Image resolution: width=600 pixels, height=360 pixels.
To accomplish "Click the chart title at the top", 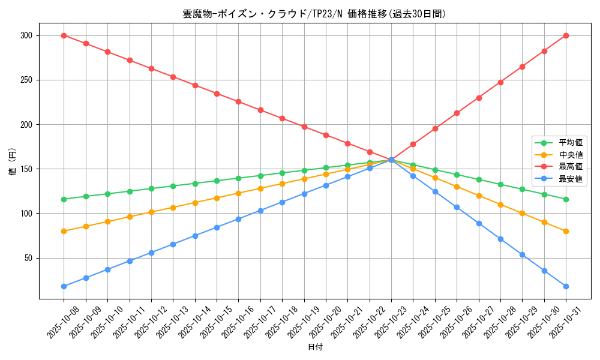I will pyautogui.click(x=315, y=14).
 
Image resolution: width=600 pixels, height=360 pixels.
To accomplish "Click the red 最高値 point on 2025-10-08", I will pyautogui.click(x=64, y=35).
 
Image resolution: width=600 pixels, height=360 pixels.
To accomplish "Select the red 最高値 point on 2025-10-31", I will pyautogui.click(x=566, y=35).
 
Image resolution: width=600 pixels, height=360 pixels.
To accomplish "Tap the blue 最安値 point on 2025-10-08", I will pyautogui.click(x=64, y=286).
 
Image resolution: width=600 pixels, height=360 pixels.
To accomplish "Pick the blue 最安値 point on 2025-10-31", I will pyautogui.click(x=566, y=286).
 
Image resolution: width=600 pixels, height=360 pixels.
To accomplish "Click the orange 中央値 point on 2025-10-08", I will pyautogui.click(x=64, y=231).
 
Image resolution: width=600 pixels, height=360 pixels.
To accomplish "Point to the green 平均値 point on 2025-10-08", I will pyautogui.click(x=64, y=199).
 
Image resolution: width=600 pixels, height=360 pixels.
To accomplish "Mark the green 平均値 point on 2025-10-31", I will pyautogui.click(x=566, y=199).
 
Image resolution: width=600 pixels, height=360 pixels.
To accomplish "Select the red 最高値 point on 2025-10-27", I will pyautogui.click(x=479, y=98).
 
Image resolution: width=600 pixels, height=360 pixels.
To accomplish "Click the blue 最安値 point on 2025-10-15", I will pyautogui.click(x=217, y=227).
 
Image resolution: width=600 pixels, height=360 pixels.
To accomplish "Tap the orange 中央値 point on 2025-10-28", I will pyautogui.click(x=500, y=205).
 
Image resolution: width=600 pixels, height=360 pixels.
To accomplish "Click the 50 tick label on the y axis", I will pyautogui.click(x=28, y=258).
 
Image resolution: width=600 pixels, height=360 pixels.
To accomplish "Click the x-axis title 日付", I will pyautogui.click(x=315, y=347).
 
